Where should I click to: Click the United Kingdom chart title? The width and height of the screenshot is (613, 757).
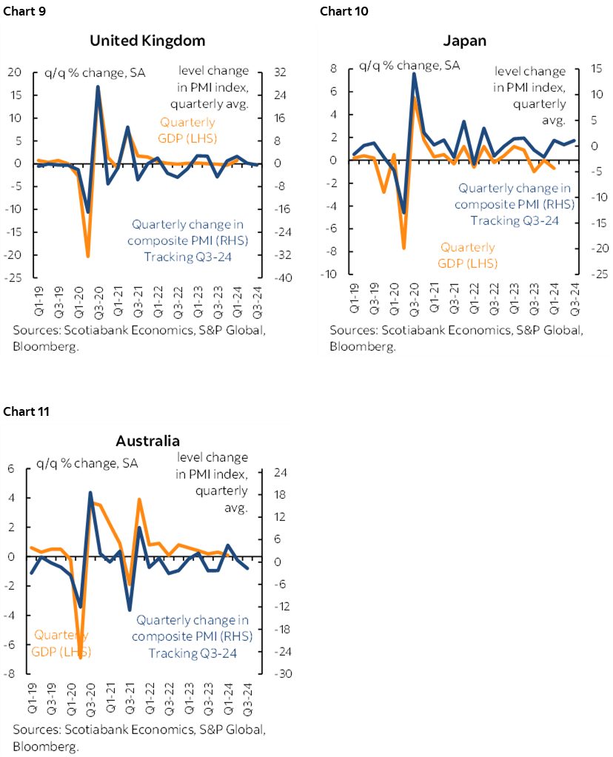(x=147, y=41)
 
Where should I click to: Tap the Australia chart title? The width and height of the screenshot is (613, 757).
(x=147, y=441)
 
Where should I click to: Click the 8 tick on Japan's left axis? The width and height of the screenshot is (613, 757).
(x=334, y=69)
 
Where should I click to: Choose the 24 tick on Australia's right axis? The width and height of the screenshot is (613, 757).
(x=283, y=472)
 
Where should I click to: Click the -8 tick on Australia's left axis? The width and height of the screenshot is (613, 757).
(x=11, y=674)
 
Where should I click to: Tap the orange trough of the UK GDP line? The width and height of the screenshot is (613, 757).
(x=88, y=257)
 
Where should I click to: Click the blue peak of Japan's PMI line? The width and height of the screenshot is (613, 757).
(x=414, y=74)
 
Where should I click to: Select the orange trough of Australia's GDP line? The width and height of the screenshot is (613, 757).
(x=80, y=658)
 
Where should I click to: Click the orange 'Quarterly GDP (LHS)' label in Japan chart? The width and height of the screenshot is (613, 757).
(x=468, y=255)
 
